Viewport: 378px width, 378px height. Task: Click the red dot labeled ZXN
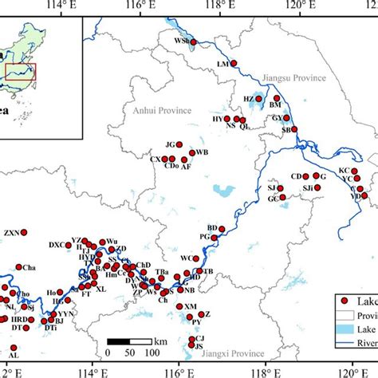(x=25, y=232)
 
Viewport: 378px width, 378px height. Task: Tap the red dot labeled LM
(x=234, y=63)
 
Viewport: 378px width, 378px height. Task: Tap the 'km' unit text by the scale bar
(x=160, y=341)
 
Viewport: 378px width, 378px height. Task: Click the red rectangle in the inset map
(x=21, y=73)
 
